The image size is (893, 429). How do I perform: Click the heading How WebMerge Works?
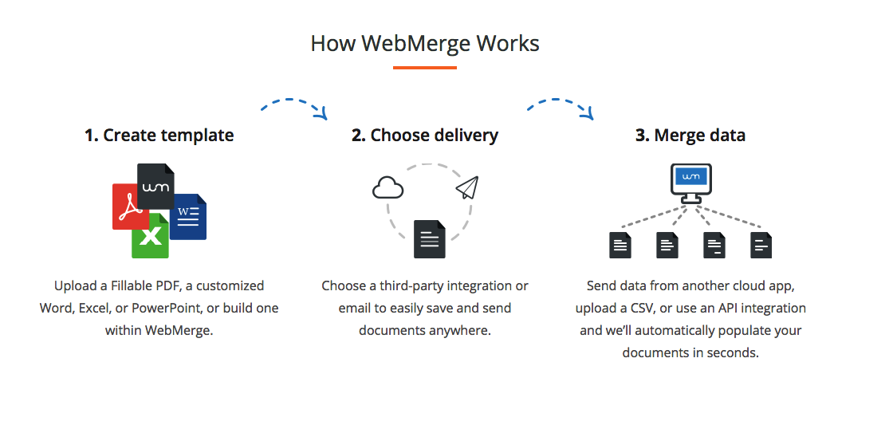point(425,43)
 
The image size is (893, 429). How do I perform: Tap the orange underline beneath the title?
point(425,68)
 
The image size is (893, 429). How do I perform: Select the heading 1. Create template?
point(159,136)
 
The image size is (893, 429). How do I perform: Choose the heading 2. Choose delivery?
point(425,136)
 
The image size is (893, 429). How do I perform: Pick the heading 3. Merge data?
point(690,136)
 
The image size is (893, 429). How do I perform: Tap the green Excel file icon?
point(150,236)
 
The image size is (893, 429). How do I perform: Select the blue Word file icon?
point(189,216)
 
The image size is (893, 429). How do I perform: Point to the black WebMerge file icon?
point(155,185)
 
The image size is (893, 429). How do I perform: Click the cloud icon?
point(388,188)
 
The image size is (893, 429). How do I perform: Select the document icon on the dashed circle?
point(429,238)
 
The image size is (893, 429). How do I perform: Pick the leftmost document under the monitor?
point(620,245)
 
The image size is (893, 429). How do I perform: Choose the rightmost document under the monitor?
point(761,245)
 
